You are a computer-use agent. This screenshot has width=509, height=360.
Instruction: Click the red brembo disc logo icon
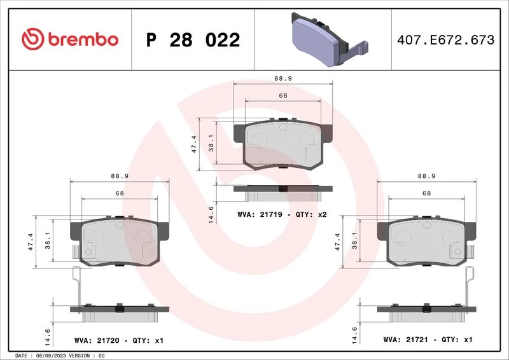(x=32, y=39)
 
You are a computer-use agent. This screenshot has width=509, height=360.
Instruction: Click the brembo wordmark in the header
(x=83, y=39)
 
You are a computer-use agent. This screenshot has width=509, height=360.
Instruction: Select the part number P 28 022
(x=193, y=40)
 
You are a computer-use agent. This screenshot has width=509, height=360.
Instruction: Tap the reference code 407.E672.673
(x=446, y=40)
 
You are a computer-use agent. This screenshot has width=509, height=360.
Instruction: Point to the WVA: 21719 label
(x=260, y=214)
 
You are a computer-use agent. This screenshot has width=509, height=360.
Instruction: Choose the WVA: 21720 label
(x=97, y=340)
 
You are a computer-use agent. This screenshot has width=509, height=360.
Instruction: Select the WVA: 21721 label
(x=406, y=340)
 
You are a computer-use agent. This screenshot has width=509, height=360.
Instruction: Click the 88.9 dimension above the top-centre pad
(x=283, y=78)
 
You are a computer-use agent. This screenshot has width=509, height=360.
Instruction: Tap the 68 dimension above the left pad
(x=120, y=193)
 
